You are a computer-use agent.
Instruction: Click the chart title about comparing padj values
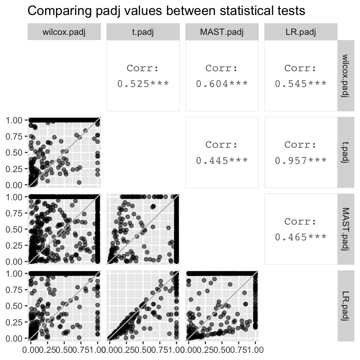(x=166, y=11)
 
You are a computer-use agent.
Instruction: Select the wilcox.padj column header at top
(x=64, y=31)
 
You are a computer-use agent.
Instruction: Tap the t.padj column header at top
(x=143, y=31)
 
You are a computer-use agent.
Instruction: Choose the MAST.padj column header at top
(x=222, y=31)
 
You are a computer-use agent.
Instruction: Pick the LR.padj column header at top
(x=300, y=31)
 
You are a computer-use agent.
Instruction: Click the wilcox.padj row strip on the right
(x=345, y=75)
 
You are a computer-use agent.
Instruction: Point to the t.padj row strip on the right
(x=345, y=152)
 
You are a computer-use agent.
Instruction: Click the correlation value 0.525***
(x=143, y=84)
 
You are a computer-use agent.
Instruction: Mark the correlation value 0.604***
(x=222, y=84)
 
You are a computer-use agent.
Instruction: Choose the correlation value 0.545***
(x=300, y=84)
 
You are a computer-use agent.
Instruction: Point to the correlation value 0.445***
(x=222, y=160)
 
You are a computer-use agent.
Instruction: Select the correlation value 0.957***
(x=300, y=160)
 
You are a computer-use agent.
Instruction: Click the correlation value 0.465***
(x=300, y=237)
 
